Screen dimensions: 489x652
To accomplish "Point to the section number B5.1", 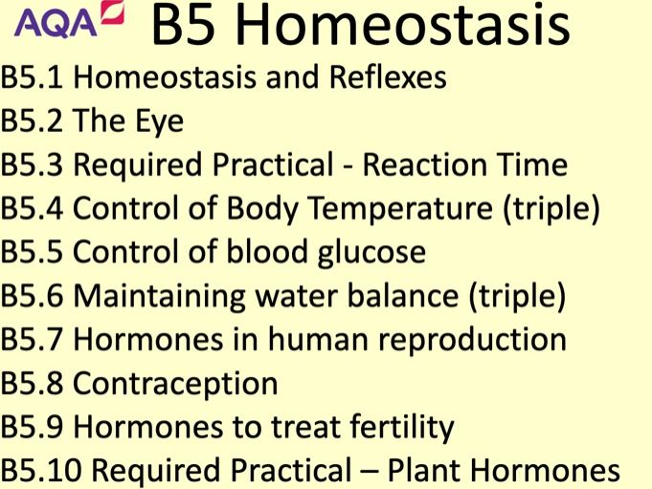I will [x=32, y=78].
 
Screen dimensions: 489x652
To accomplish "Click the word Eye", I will [x=159, y=122].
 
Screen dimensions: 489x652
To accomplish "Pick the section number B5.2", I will [x=32, y=122].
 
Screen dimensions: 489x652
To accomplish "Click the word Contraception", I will [x=175, y=384].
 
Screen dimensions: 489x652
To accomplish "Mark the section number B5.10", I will [x=39, y=472].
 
